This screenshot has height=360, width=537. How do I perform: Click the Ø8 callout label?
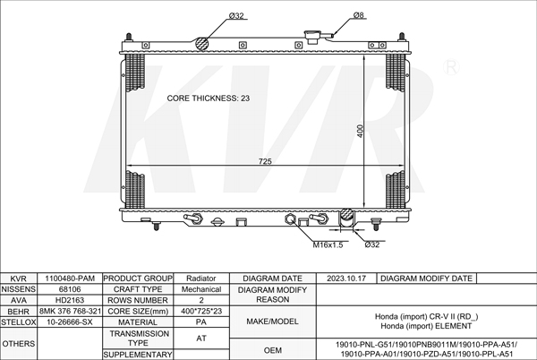point(359,15)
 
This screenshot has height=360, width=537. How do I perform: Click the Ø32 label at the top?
point(236,16)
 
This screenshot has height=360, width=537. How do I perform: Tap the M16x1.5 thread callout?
point(328,244)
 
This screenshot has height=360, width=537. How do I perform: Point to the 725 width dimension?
point(265,161)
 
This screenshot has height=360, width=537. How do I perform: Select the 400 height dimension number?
point(360,131)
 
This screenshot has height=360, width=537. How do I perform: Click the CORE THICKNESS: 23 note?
point(209,99)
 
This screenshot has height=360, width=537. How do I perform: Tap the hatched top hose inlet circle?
point(202,44)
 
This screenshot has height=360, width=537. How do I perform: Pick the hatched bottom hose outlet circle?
point(346,215)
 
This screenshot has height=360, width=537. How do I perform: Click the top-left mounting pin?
point(129,37)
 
